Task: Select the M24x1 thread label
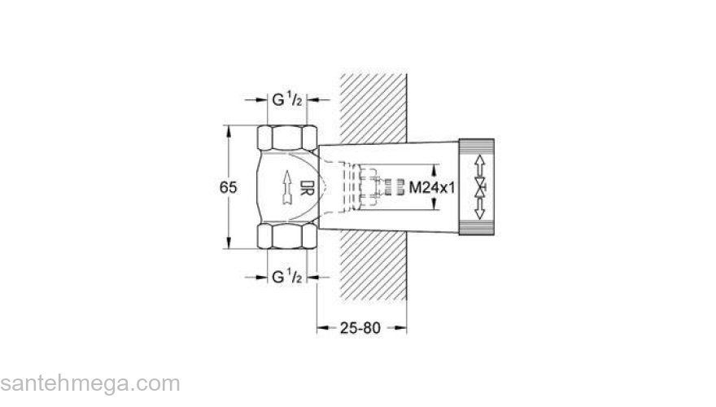click(x=431, y=188)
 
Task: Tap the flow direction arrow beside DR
click(x=286, y=188)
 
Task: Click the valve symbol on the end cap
click(x=481, y=188)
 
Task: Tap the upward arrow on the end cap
click(x=481, y=161)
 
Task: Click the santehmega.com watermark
click(x=89, y=383)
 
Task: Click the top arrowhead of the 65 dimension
click(x=229, y=130)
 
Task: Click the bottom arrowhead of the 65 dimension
click(x=229, y=243)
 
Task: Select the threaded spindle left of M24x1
click(x=392, y=188)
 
